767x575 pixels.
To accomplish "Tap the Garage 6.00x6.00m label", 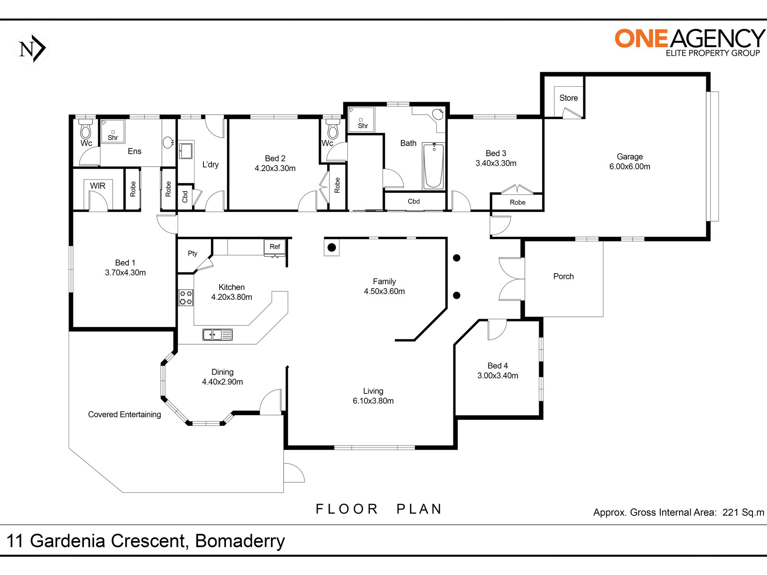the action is (x=630, y=161).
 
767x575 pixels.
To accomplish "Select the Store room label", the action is (x=568, y=98).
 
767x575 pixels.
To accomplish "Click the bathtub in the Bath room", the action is (x=434, y=166).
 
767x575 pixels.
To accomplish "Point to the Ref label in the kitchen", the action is (x=275, y=247).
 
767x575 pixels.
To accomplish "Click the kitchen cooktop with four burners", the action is (x=186, y=298).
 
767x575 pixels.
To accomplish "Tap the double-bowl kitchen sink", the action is (x=218, y=335).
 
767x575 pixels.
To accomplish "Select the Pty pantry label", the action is (x=193, y=253).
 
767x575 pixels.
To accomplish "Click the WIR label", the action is (x=98, y=186).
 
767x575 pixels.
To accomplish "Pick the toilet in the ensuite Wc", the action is (x=85, y=129).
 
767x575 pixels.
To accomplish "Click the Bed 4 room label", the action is (x=498, y=370).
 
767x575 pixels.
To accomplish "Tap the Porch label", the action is (x=564, y=276).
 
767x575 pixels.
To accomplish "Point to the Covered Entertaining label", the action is (x=124, y=414).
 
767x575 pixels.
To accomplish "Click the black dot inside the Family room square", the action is (x=332, y=247).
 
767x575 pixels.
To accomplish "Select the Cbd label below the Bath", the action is (x=414, y=201).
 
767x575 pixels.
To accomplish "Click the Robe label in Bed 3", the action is (x=518, y=203).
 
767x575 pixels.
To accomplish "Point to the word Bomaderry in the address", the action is (x=240, y=542).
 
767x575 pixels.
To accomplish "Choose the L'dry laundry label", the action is (x=210, y=165).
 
